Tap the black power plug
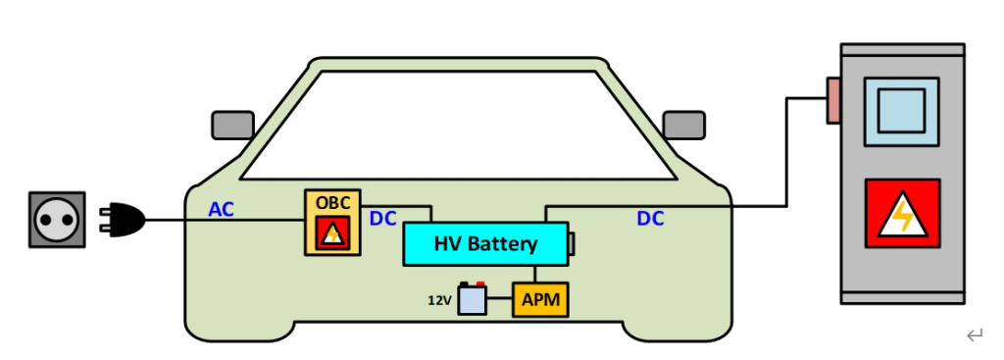(124, 220)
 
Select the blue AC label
(223, 208)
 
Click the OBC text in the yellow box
(332, 201)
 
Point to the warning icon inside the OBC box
(333, 233)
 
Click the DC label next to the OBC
(383, 219)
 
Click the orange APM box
(540, 300)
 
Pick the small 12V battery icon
(472, 298)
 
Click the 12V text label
(439, 300)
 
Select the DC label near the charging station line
(650, 219)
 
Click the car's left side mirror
(232, 125)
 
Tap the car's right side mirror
(683, 125)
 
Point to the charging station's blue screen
(901, 108)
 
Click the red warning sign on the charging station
(901, 213)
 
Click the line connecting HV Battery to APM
(535, 275)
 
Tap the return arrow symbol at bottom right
(974, 336)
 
